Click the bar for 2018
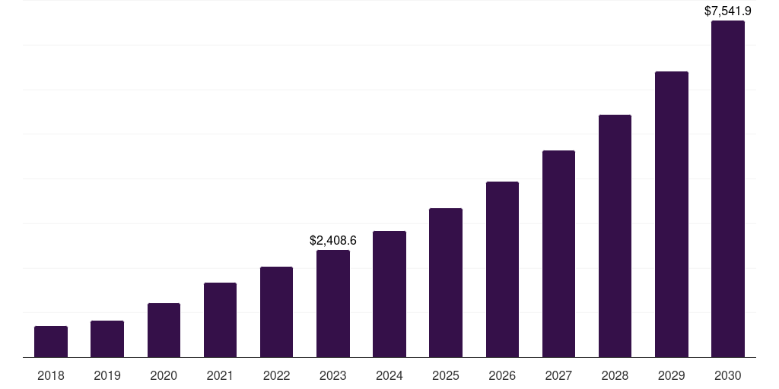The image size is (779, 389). coord(51,342)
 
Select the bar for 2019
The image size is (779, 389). coord(107,339)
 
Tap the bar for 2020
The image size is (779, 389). coord(164,330)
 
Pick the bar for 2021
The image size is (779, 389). coord(220,320)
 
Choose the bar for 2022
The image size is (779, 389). coord(276,312)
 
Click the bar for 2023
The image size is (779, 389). coord(333,304)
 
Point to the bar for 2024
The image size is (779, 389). coord(389,294)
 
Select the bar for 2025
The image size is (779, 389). coord(446,283)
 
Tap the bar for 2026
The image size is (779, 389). coord(502,270)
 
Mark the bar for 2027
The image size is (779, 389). coord(558,254)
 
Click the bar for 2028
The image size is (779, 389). coord(615,236)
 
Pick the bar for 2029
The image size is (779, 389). coord(672,214)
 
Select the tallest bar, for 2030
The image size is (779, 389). coord(728,189)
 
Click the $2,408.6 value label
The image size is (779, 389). coord(333,240)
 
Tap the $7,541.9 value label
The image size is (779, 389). coord(728,11)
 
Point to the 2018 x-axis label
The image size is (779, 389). coord(51,375)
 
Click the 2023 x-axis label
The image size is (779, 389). coord(333,375)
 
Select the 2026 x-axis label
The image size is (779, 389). coord(502,375)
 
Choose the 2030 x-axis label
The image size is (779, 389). coord(728,375)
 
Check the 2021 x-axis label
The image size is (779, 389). coord(220,375)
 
